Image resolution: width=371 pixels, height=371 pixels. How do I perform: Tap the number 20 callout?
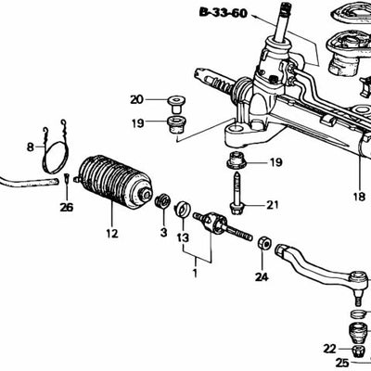(136, 99)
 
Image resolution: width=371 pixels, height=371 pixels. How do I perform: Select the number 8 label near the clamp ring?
(30, 147)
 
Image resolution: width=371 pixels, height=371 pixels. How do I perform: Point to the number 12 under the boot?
(112, 234)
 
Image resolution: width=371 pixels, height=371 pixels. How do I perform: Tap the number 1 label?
(194, 275)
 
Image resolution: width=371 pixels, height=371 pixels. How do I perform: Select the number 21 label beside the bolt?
(272, 205)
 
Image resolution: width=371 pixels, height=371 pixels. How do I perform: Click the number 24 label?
(261, 275)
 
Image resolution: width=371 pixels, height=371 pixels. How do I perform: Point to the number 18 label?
(359, 197)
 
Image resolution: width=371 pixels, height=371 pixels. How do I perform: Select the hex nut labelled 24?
(262, 244)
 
